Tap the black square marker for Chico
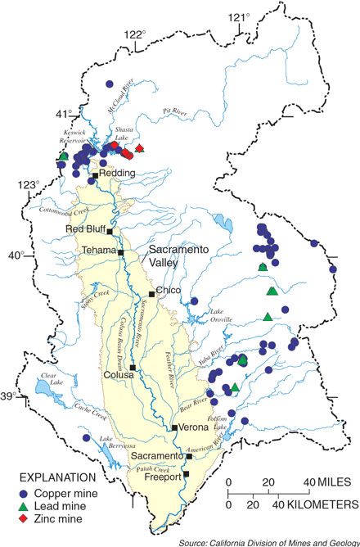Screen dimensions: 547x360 [x=151, y=294]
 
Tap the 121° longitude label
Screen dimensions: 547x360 [x=237, y=16]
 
